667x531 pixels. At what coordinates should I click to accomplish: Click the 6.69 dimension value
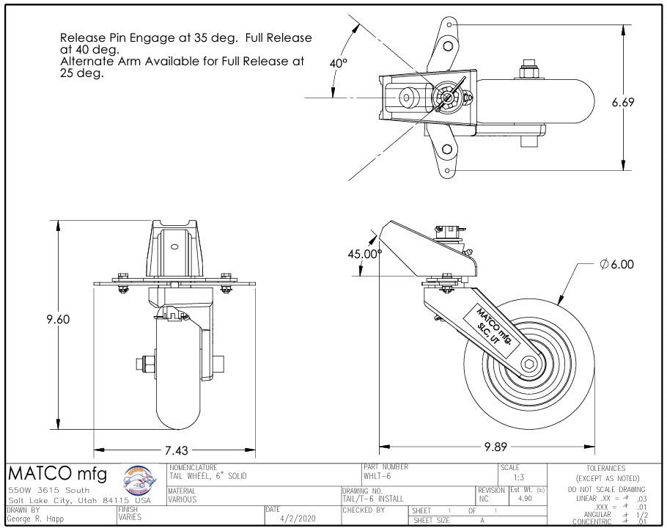tap(622, 103)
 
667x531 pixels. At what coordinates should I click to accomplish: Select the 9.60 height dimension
tap(59, 319)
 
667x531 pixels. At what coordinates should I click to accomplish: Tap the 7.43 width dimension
tap(175, 450)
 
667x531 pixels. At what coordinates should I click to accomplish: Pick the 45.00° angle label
tap(365, 254)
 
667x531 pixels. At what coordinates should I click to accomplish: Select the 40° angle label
tap(338, 64)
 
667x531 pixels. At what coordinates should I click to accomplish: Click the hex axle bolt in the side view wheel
tap(530, 365)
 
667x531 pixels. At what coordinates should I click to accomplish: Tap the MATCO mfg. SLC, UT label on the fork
tap(497, 327)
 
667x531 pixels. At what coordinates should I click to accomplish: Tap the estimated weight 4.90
tap(525, 498)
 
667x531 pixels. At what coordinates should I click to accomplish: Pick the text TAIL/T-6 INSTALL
tap(373, 499)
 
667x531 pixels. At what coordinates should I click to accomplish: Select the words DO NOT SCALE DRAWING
tap(605, 489)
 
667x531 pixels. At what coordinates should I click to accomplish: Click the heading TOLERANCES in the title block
tap(605, 468)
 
